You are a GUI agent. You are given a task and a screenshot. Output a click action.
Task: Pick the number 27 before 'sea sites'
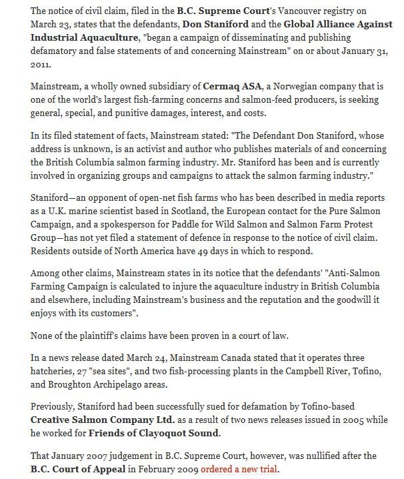(x=79, y=372)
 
